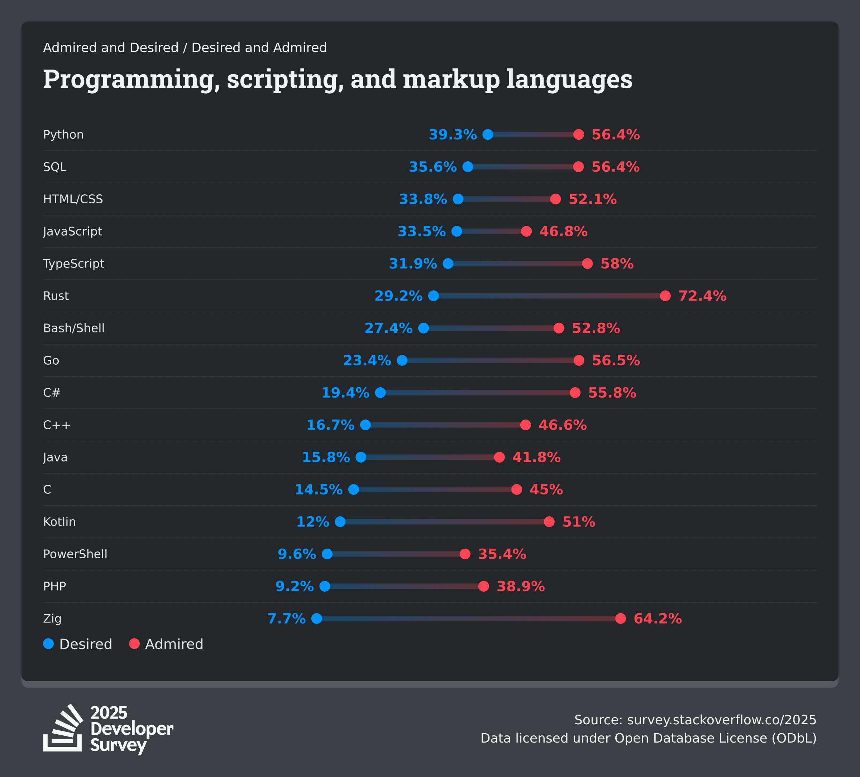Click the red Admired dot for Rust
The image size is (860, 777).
tap(665, 296)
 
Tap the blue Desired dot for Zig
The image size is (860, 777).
tap(316, 619)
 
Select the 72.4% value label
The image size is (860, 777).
tap(702, 296)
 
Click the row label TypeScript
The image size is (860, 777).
tap(73, 264)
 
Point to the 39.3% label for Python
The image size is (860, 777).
tap(453, 135)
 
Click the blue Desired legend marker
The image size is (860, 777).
tap(49, 644)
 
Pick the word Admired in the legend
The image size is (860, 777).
tap(174, 644)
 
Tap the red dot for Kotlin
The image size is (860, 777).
tap(549, 522)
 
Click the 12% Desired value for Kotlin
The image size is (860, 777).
tap(313, 522)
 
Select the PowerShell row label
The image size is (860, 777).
tap(75, 554)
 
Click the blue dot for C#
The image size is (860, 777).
tap(381, 393)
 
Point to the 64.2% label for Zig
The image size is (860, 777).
tap(658, 619)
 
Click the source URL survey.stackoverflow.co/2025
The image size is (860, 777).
tap(721, 720)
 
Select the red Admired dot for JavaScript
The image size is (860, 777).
tap(526, 231)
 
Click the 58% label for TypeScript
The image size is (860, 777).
tap(617, 264)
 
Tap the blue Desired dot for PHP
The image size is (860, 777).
tap(325, 586)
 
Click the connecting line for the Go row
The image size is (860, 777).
tap(491, 361)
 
